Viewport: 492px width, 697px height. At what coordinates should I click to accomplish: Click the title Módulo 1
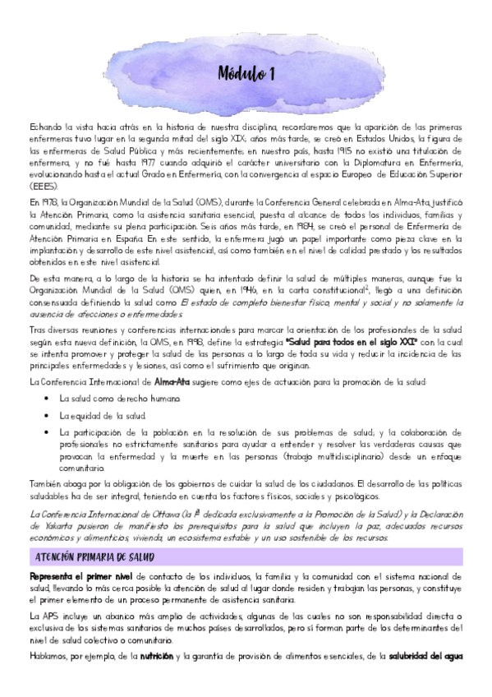246,75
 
